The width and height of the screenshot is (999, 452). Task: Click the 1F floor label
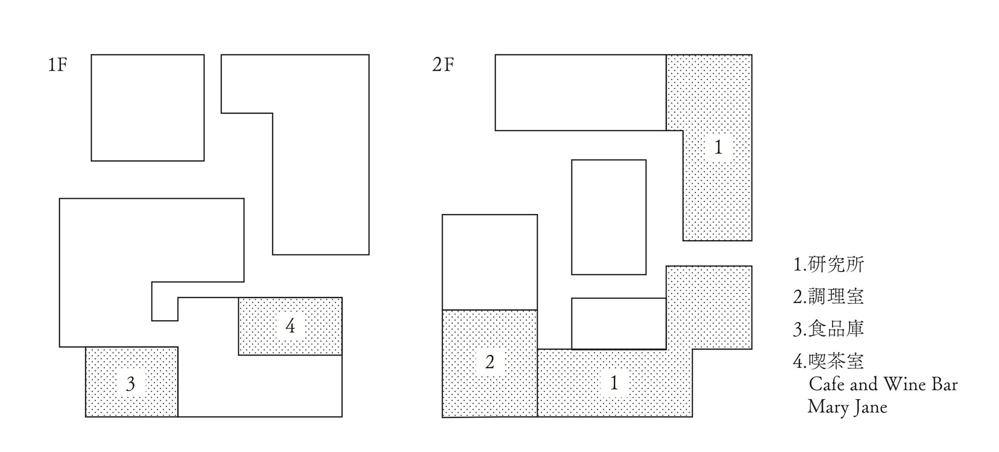pyautogui.click(x=57, y=65)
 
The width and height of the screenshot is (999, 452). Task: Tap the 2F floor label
pyautogui.click(x=443, y=65)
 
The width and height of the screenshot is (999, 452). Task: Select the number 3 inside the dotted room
pyautogui.click(x=131, y=384)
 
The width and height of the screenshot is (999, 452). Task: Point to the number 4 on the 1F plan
pyautogui.click(x=290, y=326)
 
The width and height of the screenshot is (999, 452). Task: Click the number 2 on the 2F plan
pyautogui.click(x=490, y=362)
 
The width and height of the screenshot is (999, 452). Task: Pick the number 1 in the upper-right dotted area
pyautogui.click(x=718, y=148)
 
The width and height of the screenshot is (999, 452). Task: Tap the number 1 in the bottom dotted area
pyautogui.click(x=614, y=383)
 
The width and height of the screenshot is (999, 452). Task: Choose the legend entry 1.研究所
pyautogui.click(x=828, y=265)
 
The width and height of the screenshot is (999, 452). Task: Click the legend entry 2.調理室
pyautogui.click(x=828, y=297)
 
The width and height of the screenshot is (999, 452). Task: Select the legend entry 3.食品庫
pyautogui.click(x=828, y=329)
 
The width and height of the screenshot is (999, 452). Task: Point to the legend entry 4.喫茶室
pyautogui.click(x=828, y=361)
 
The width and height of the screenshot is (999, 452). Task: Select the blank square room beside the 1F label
pyautogui.click(x=148, y=108)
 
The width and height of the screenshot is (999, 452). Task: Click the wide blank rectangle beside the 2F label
pyautogui.click(x=580, y=92)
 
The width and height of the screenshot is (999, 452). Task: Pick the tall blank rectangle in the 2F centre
pyautogui.click(x=609, y=217)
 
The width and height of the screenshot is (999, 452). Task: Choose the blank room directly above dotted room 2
pyautogui.click(x=490, y=262)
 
